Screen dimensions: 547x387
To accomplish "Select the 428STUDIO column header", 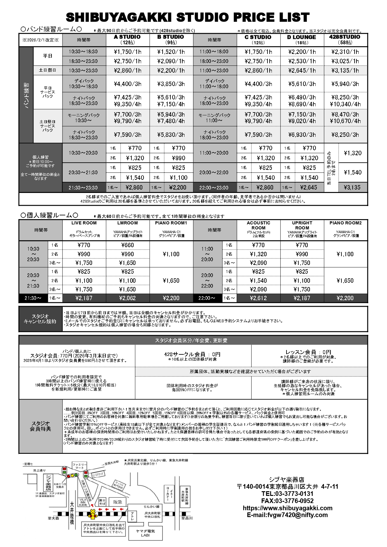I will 345,39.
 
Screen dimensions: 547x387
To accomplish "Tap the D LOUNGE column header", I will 301,39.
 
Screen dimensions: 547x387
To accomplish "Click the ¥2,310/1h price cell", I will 345,52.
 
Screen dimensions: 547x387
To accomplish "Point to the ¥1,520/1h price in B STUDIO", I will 171,52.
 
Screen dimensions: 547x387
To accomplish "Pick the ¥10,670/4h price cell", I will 345,121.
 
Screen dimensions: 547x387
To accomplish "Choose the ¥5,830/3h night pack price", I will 171,135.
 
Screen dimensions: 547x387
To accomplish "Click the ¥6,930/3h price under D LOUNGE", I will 302,135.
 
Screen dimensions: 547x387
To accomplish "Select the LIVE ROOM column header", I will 84,223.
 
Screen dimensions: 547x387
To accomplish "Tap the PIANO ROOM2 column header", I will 345,223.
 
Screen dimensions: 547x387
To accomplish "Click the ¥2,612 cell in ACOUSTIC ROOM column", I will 258,298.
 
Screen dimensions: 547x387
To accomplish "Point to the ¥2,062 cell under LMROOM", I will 127,298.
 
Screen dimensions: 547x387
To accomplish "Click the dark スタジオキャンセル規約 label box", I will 41,319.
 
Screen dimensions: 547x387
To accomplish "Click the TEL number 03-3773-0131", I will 287,494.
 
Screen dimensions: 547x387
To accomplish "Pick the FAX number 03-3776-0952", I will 287,501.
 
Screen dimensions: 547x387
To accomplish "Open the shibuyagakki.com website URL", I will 287,508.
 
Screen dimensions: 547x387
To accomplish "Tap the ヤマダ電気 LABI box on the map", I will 145,533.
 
